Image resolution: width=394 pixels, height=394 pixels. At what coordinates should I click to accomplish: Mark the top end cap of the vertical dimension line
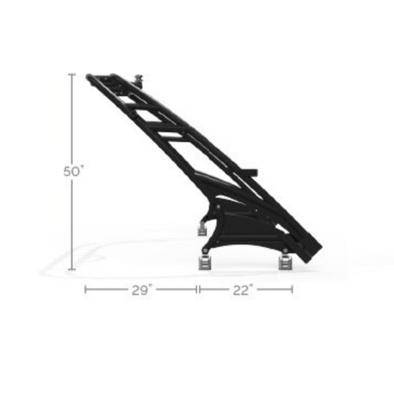coord(72,74)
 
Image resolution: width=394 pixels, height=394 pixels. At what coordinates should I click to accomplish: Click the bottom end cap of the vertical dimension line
coord(72,270)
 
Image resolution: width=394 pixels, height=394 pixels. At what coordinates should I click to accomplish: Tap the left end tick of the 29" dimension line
coord(86,289)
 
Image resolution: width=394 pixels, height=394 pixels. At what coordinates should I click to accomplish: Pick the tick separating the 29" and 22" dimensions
coord(198,289)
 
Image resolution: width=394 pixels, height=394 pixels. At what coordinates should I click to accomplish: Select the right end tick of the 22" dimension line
coord(292,289)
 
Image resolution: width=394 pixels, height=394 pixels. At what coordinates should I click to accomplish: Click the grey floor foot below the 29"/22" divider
coord(204,261)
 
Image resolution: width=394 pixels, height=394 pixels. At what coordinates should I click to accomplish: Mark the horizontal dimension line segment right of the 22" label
coord(276,289)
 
